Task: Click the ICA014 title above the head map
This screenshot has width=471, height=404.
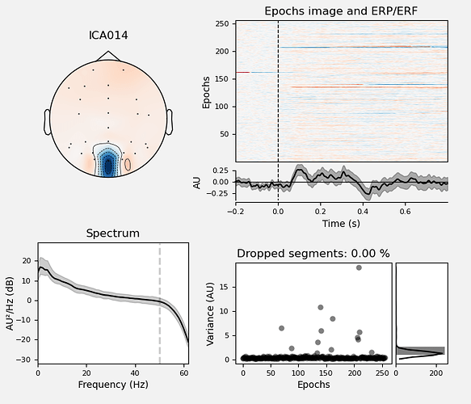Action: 108,35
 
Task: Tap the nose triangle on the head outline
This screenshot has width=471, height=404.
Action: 108,56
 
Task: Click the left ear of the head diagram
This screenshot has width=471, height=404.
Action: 47,122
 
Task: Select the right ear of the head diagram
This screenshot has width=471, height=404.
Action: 170,122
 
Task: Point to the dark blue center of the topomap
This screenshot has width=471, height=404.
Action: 107,166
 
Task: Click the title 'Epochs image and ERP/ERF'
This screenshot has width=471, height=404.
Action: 341,11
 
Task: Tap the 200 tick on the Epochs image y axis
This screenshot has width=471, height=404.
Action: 222,52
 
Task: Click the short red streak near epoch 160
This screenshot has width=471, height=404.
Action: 243,72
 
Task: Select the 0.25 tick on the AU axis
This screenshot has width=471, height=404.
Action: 221,171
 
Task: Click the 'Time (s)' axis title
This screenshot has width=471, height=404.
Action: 341,224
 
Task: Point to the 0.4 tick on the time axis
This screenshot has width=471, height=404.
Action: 363,212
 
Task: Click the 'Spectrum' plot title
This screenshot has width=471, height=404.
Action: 113,234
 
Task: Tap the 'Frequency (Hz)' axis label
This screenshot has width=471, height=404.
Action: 113,385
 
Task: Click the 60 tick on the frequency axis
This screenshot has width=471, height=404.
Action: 184,373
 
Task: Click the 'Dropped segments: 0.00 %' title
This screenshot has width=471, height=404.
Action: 313,254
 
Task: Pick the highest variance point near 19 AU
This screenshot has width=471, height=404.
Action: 359,267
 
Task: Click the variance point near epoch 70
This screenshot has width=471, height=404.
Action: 281,328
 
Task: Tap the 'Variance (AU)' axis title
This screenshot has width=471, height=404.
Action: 210,314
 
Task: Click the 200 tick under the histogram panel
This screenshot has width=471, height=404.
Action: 435,373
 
